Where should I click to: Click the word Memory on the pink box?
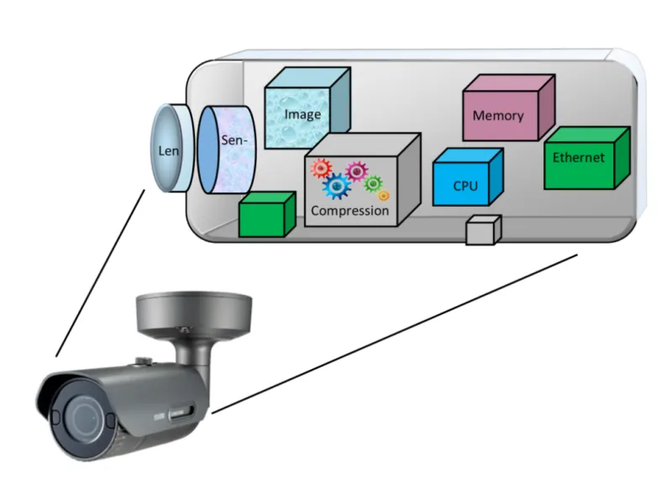click(x=498, y=116)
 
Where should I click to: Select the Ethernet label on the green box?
click(x=579, y=157)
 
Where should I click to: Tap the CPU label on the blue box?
click(x=465, y=186)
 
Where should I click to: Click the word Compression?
click(x=350, y=211)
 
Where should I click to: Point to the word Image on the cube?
click(x=302, y=114)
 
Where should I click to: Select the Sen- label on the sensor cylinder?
click(x=234, y=140)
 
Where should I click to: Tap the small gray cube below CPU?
click(x=483, y=230)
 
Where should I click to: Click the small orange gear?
click(x=384, y=195)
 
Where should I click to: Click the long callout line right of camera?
click(x=395, y=333)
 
